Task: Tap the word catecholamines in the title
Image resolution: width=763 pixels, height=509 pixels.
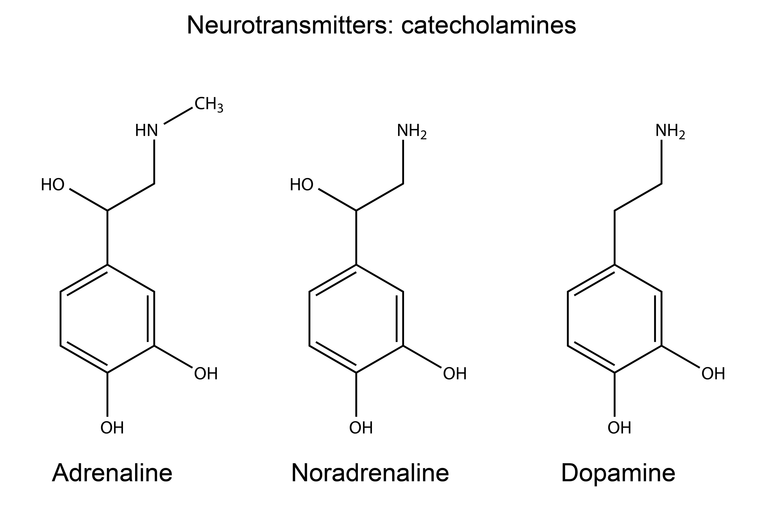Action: click(488, 25)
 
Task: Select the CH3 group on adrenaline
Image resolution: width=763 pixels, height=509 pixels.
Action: click(208, 104)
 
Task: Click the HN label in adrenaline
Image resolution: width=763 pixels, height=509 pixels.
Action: click(146, 131)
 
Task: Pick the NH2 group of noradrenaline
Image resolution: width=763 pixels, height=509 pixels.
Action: click(411, 131)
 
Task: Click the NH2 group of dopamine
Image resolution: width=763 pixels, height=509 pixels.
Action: click(670, 131)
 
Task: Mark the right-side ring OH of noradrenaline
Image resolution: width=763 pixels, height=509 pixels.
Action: click(455, 374)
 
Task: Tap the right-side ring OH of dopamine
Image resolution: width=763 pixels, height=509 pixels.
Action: click(713, 374)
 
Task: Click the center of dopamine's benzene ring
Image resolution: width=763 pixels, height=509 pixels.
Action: click(615, 319)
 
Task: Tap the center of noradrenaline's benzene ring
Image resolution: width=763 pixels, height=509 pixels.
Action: click(356, 319)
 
